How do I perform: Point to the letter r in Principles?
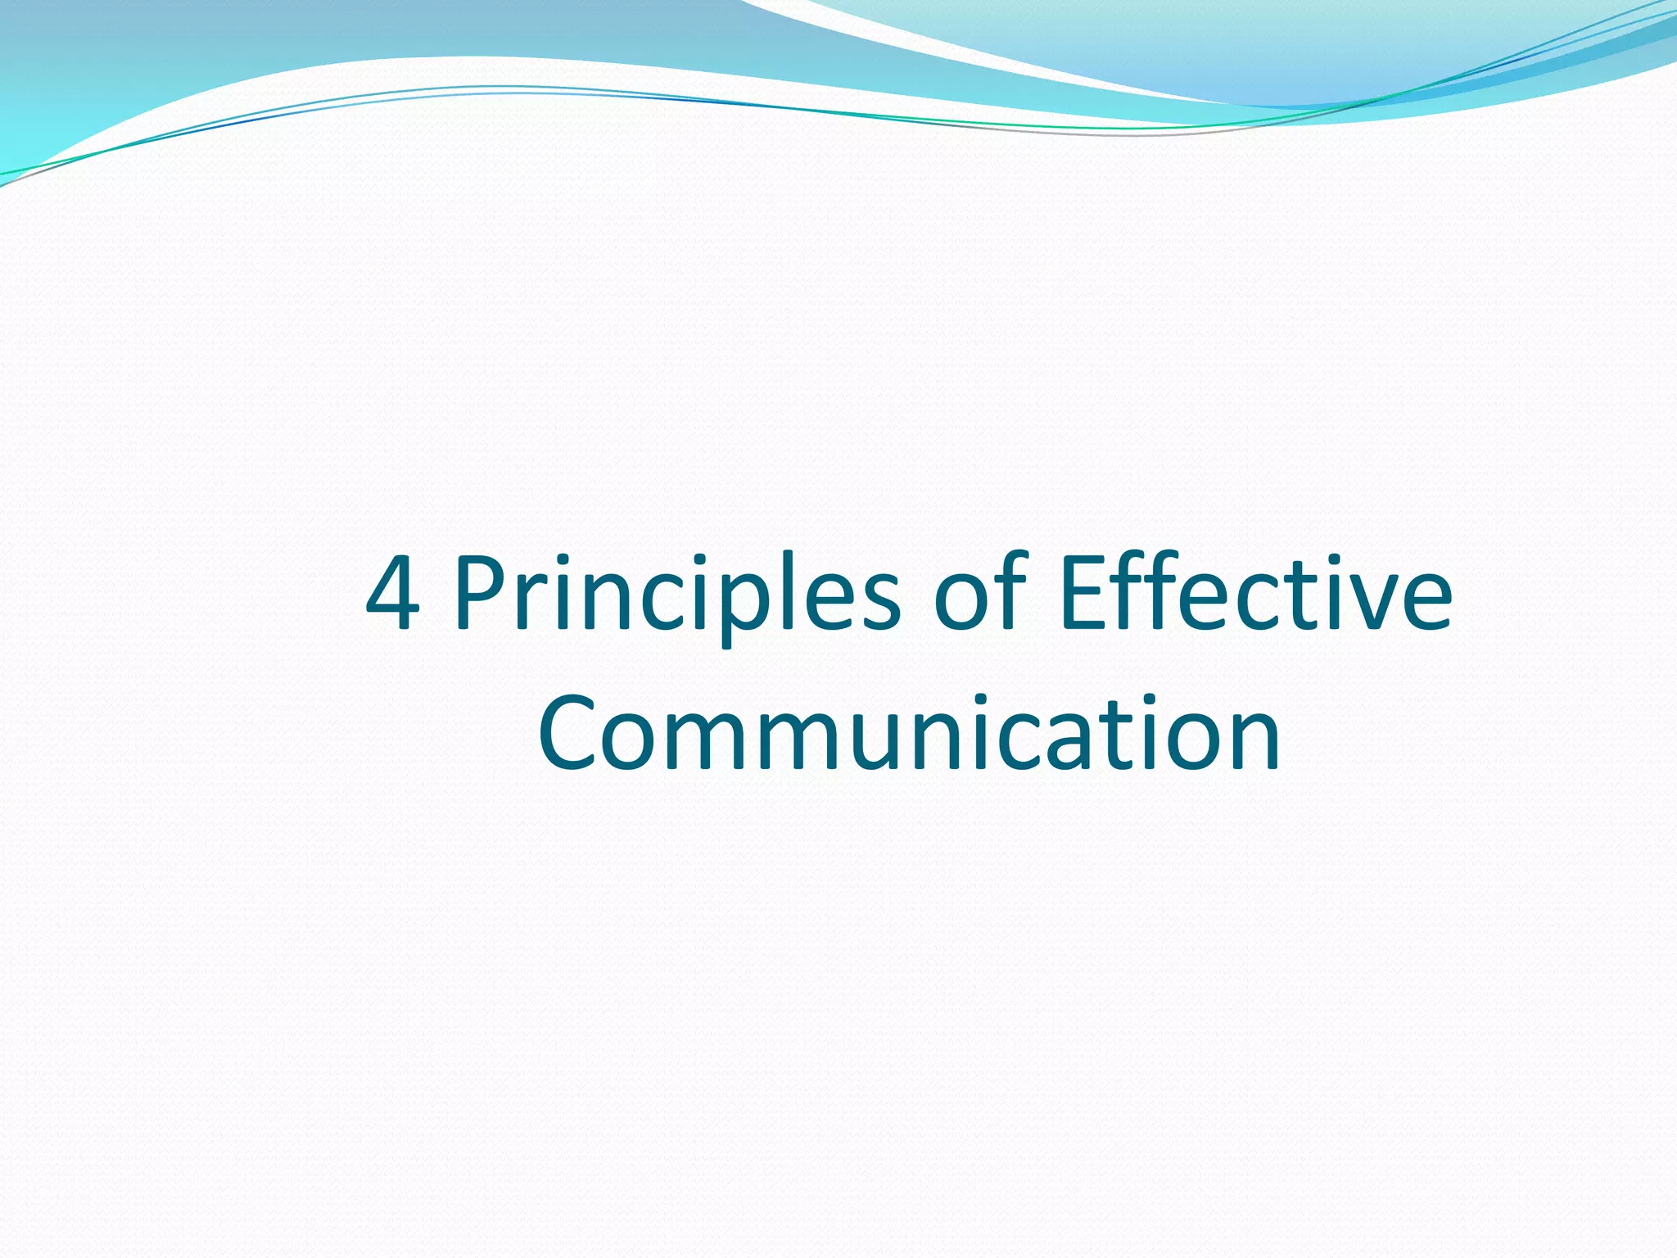536,602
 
